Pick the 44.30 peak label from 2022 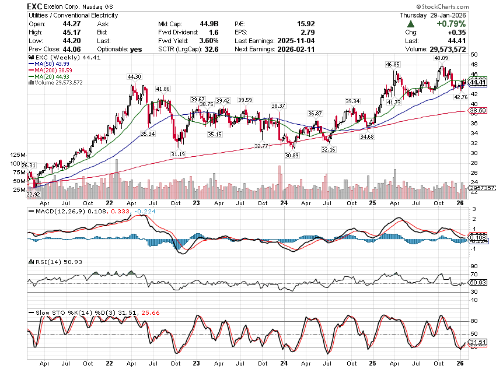pyautogui.click(x=135, y=76)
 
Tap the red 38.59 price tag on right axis pyautogui.click(x=478, y=110)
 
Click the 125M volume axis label pyautogui.click(x=17, y=155)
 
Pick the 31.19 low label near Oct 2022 pyautogui.click(x=178, y=153)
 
